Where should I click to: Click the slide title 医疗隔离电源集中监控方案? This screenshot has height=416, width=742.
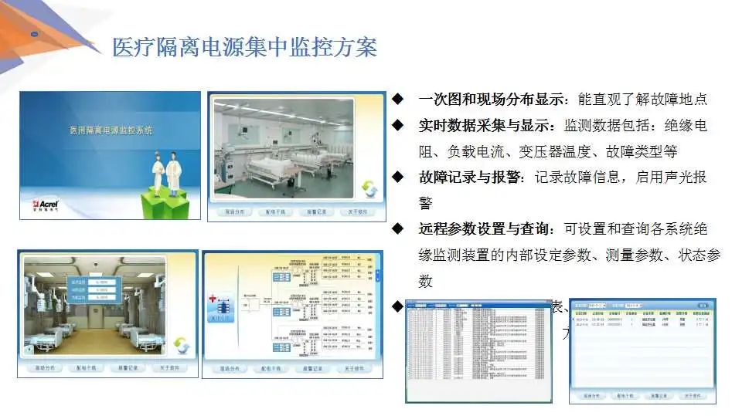(x=244, y=47)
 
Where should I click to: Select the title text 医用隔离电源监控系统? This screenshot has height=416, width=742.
(x=111, y=130)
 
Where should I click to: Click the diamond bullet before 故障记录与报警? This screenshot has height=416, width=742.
(x=398, y=178)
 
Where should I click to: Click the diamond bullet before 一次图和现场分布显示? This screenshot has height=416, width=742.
(x=398, y=99)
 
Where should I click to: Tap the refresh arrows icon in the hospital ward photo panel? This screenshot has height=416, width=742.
(x=369, y=188)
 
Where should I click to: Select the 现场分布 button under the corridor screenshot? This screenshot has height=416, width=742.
(x=48, y=368)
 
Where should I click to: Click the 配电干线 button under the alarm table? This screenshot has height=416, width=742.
(x=621, y=396)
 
